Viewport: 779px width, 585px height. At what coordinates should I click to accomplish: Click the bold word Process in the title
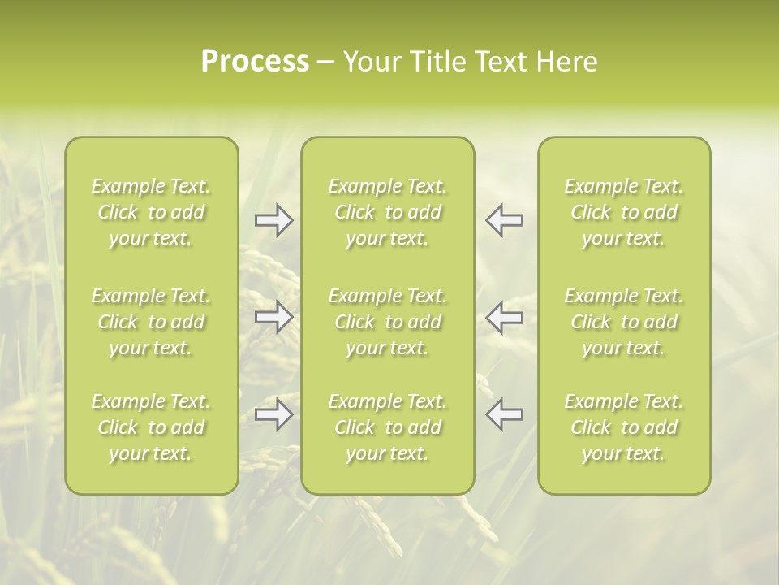pos(255,62)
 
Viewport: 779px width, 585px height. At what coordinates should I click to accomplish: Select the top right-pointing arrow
pos(273,220)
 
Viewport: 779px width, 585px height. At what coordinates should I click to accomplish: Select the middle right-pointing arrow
pos(273,317)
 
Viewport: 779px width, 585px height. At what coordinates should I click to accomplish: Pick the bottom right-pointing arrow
pos(273,414)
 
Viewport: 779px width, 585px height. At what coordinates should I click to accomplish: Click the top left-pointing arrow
pos(504,220)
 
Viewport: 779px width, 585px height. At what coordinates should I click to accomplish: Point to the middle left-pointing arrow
pos(504,317)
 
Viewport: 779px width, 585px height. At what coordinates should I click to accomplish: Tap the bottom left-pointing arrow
pos(504,414)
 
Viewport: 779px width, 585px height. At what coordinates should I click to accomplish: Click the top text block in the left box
pos(151,212)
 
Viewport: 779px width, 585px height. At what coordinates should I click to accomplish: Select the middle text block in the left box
pos(151,322)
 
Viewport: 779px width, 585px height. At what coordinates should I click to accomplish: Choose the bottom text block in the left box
pos(151,427)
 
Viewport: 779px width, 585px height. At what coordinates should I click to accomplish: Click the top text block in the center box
pos(387,212)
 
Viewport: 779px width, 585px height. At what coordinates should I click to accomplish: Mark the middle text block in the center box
pos(387,322)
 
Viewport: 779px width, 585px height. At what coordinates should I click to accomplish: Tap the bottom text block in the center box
pos(387,427)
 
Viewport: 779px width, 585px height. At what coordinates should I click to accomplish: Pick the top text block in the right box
pos(624,212)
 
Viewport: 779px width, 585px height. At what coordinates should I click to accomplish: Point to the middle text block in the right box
pos(624,322)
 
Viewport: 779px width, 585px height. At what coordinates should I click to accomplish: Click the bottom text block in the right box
pos(624,427)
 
